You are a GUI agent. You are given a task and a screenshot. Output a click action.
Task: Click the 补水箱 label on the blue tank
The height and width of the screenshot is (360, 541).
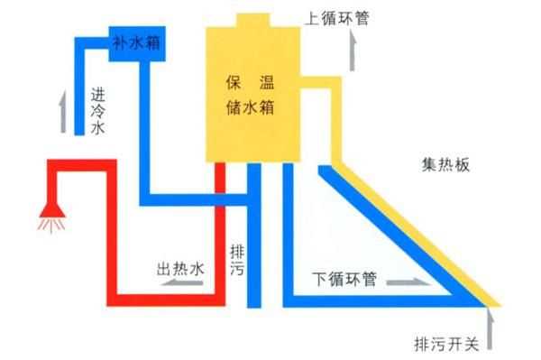click(x=135, y=42)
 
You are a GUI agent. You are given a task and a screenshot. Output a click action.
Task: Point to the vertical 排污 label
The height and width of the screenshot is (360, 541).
click(x=237, y=261)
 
